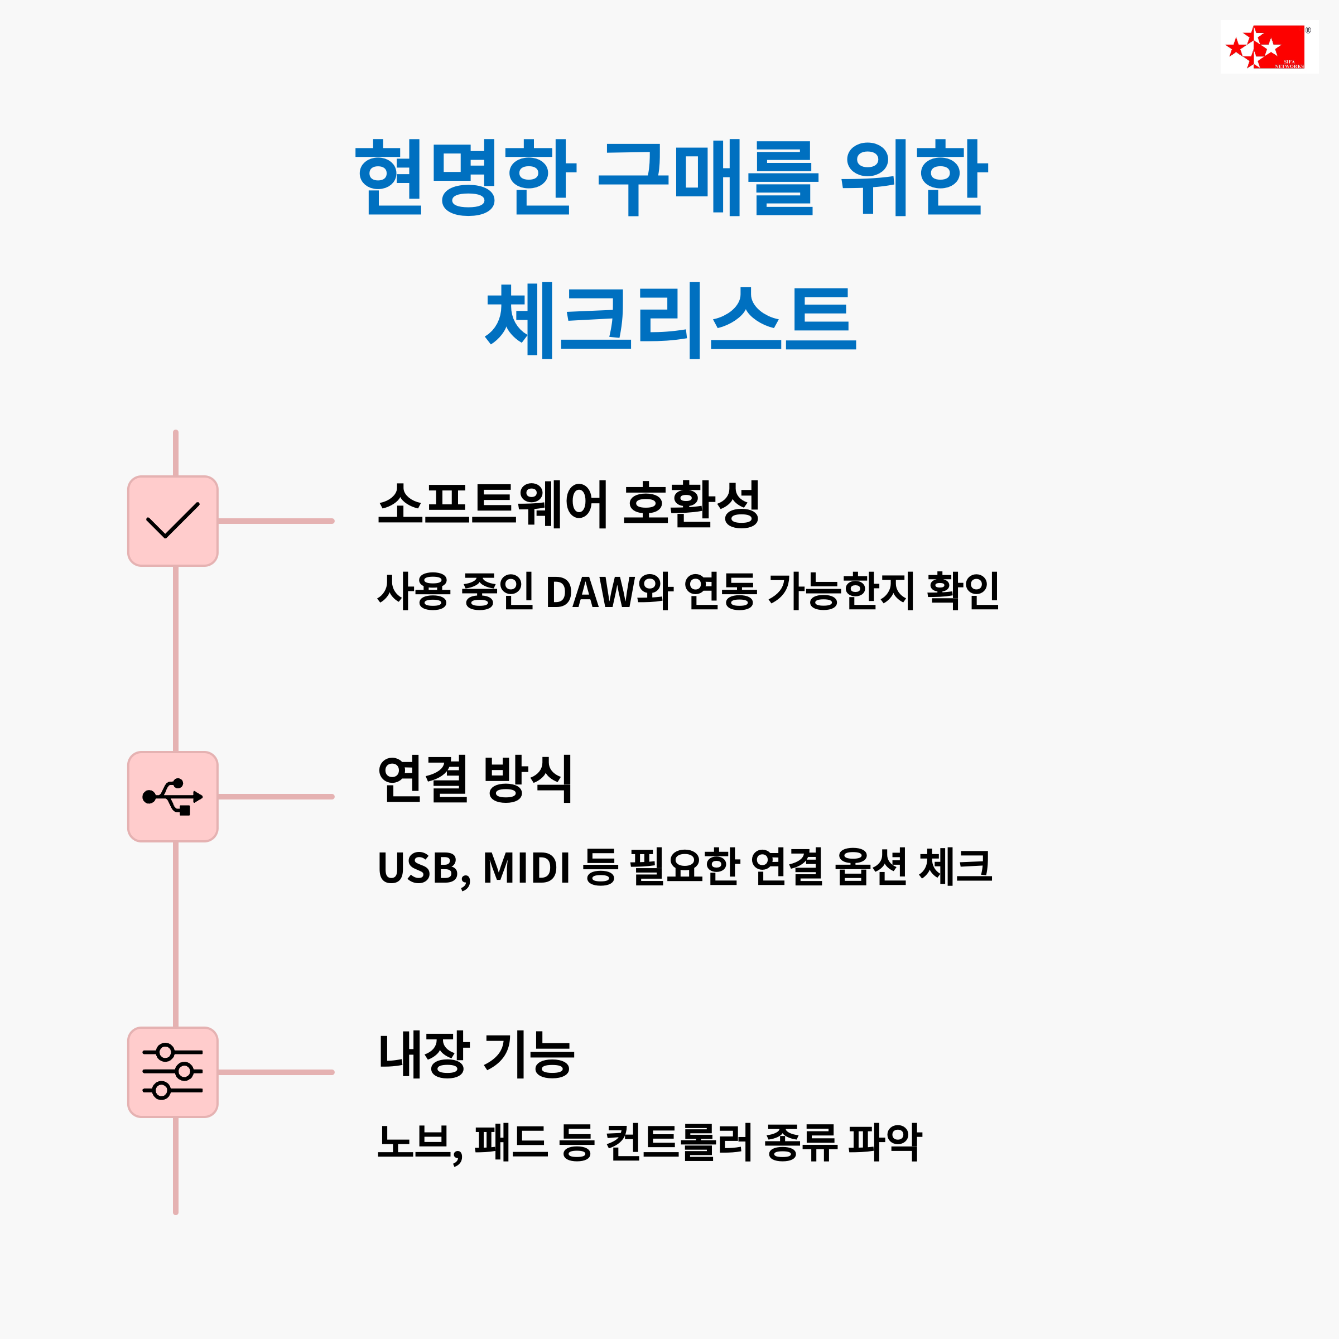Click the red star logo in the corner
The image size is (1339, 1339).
point(1268,47)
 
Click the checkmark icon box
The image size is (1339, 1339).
point(172,521)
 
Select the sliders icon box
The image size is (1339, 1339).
point(172,1072)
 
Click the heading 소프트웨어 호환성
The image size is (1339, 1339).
point(569,504)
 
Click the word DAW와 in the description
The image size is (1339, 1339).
point(609,591)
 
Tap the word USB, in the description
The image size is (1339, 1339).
point(423,868)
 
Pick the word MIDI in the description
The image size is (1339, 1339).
point(526,867)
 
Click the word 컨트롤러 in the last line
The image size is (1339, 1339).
point(679,1142)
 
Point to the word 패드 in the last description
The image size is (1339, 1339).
point(511,1142)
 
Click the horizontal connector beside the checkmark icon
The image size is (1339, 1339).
point(276,521)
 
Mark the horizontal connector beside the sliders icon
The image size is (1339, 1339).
point(276,1072)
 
